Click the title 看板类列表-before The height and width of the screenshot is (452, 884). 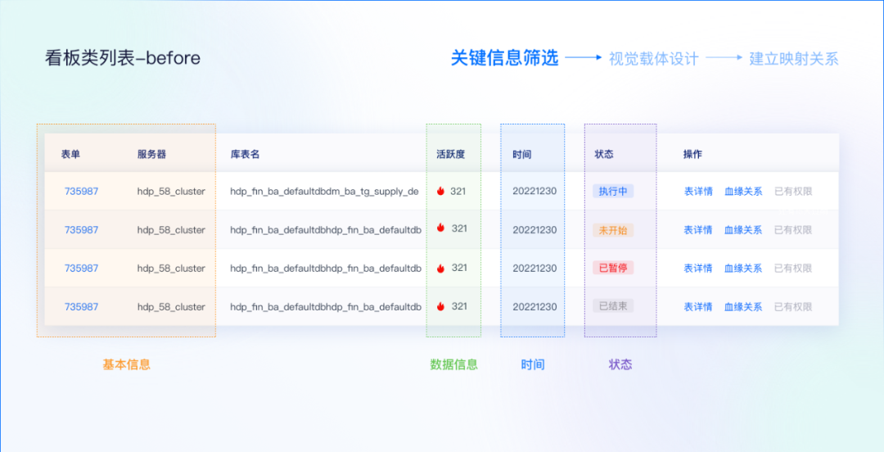(x=123, y=58)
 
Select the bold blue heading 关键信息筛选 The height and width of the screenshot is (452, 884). (x=504, y=58)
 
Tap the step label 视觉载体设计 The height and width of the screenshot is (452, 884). (x=653, y=59)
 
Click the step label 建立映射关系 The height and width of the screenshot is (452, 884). (x=794, y=59)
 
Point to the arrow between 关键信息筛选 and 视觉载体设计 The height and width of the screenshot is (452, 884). (x=584, y=58)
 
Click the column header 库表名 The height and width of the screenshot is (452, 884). (x=245, y=154)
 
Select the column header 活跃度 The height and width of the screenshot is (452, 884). (x=450, y=154)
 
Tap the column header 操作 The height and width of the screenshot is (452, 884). (x=692, y=154)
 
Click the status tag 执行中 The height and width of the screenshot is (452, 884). (x=613, y=192)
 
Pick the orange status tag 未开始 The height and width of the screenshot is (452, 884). (x=613, y=230)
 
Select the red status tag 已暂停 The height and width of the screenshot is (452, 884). (x=613, y=268)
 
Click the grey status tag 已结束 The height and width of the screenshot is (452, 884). (x=613, y=306)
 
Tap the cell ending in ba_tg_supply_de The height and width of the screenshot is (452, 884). (x=324, y=192)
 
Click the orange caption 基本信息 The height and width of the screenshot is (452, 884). (x=126, y=364)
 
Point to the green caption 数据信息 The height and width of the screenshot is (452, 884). (x=453, y=364)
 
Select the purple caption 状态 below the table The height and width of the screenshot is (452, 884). (x=620, y=364)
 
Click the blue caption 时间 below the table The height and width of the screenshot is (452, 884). (x=533, y=364)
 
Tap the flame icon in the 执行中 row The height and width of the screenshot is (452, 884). (x=440, y=192)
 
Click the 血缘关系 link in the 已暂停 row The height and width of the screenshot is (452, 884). (x=743, y=268)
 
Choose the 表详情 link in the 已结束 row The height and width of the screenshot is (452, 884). (x=698, y=306)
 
